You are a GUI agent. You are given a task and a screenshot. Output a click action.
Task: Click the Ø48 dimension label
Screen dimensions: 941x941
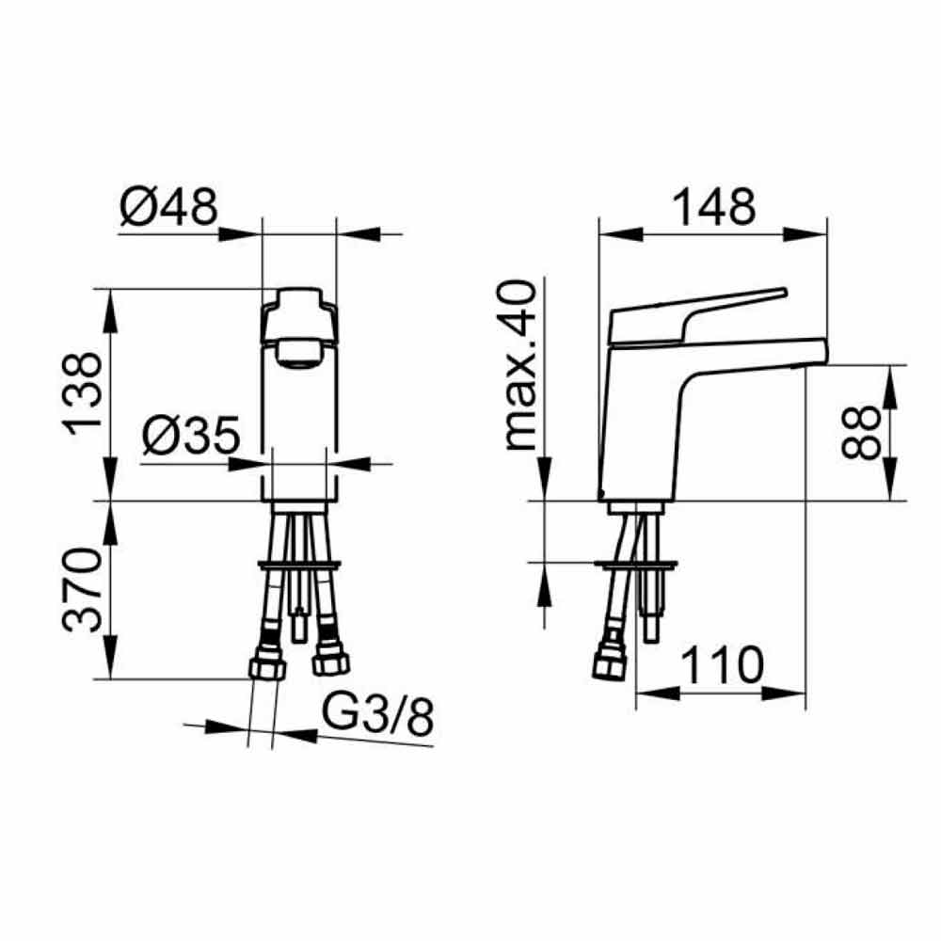coord(168,206)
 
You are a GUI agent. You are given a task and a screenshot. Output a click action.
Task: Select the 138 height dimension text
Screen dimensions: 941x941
coord(82,393)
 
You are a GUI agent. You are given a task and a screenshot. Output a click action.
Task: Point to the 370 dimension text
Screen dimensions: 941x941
coord(82,589)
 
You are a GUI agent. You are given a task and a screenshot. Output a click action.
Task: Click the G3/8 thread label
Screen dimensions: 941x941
coord(377,715)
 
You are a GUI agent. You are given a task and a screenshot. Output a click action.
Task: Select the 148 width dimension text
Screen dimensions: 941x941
coord(713,206)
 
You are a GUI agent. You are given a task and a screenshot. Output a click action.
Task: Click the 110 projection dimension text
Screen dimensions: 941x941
coord(723,665)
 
